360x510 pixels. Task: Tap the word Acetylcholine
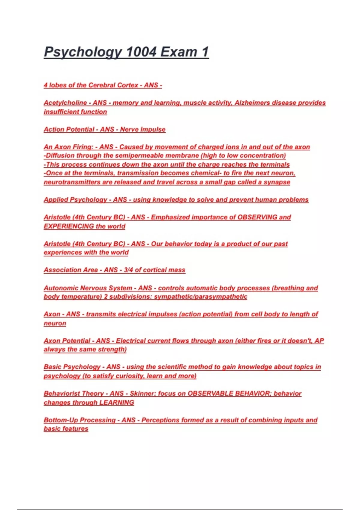point(65,103)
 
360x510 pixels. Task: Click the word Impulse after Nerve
point(154,129)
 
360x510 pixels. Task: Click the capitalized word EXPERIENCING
point(69,226)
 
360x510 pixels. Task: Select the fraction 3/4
point(128,270)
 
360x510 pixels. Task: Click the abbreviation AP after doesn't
point(319,341)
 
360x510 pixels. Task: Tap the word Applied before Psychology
point(56,200)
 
